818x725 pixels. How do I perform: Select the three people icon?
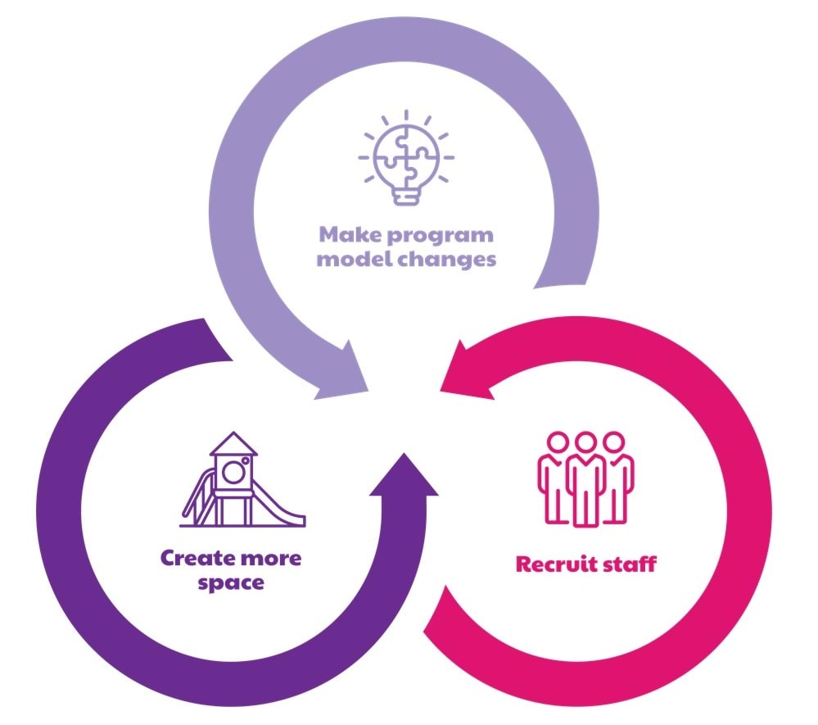tap(585, 478)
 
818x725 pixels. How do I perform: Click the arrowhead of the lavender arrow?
tap(345, 374)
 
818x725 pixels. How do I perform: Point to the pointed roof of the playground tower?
tap(233, 444)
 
